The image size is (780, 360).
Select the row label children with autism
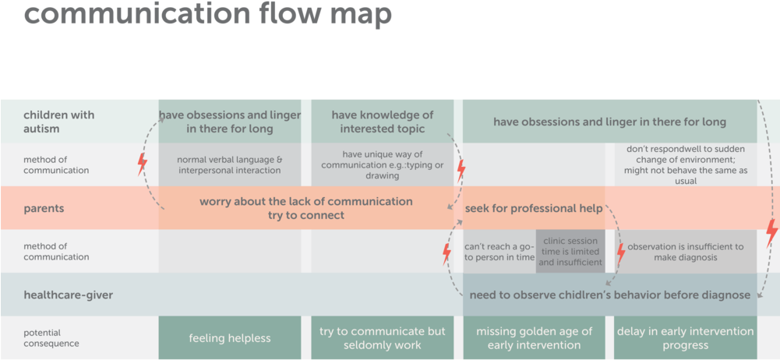[58, 122]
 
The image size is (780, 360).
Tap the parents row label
[43, 209]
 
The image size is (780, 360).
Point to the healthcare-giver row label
[68, 295]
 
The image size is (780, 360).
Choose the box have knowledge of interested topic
[382, 122]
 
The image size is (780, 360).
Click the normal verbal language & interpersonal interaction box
[229, 165]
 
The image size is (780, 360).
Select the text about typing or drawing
[382, 165]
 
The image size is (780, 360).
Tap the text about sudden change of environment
[685, 165]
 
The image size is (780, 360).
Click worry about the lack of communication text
[305, 208]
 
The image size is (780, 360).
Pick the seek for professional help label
[534, 209]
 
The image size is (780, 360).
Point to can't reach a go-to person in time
[499, 252]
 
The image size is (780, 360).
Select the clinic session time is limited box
[570, 252]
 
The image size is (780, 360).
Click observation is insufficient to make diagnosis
[685, 252]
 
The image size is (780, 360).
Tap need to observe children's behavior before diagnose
[609, 295]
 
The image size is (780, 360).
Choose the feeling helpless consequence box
[229, 338]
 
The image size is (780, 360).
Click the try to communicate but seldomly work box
[382, 338]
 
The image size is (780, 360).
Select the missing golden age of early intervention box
[534, 338]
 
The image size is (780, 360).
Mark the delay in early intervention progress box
[685, 338]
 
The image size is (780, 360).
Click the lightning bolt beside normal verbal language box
[142, 164]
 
